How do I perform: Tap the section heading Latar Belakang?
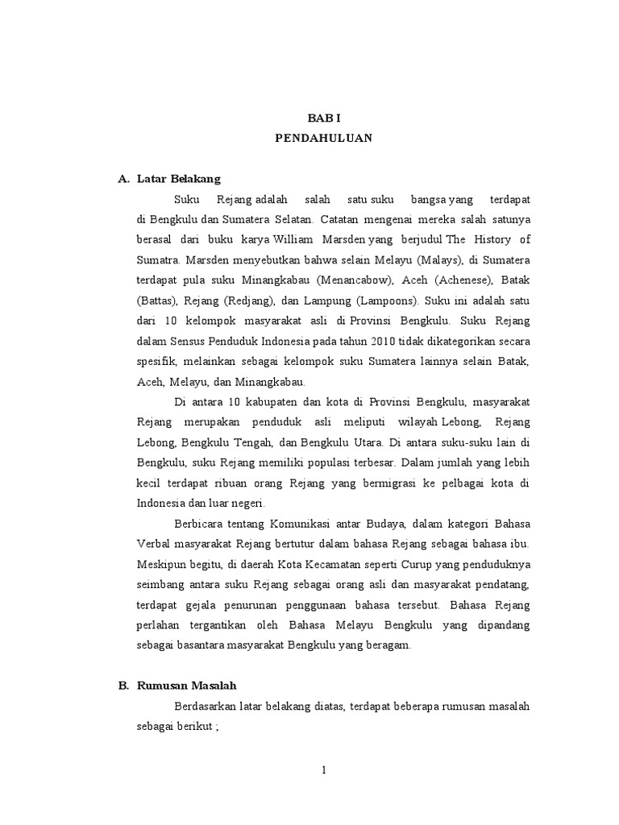178,178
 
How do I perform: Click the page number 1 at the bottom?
324,770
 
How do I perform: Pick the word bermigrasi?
389,483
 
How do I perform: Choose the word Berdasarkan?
204,706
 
